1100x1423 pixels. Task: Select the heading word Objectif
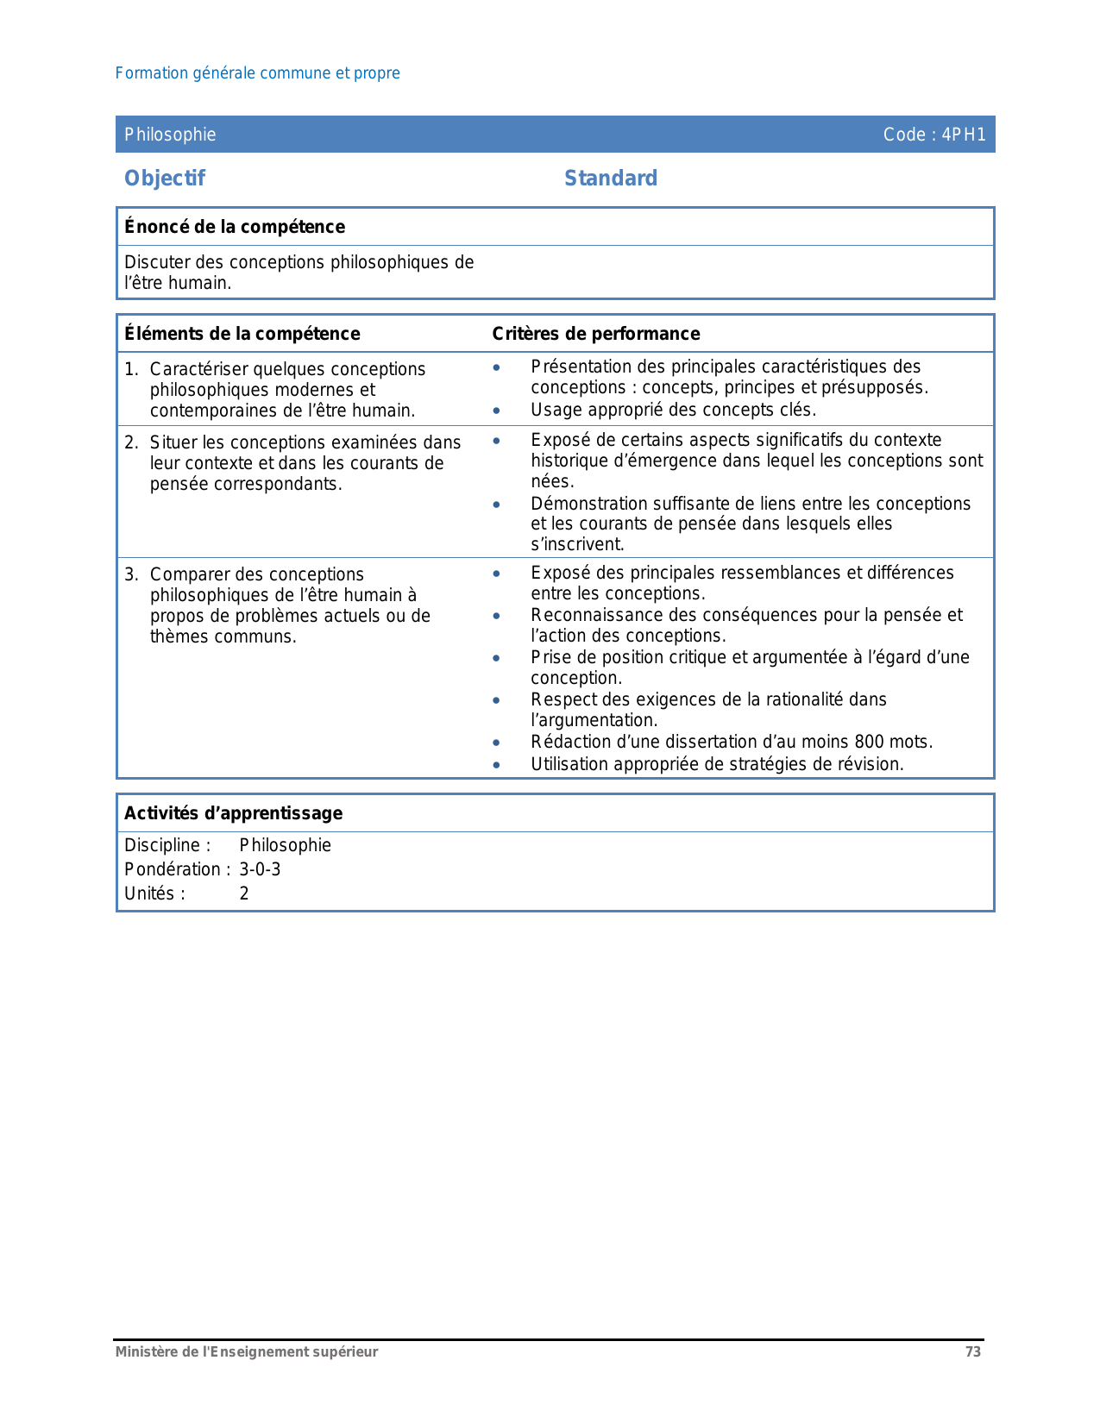pos(165,179)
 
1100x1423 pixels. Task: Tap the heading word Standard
pos(611,179)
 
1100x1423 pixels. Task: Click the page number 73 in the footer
pos(973,1352)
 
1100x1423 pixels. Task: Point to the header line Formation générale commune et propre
pos(257,73)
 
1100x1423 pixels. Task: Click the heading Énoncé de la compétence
pos(235,227)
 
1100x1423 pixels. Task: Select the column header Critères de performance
pos(596,334)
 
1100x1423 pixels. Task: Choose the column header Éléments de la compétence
pos(242,334)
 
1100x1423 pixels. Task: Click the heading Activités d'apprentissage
pos(234,813)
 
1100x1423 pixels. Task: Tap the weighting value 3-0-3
pos(260,869)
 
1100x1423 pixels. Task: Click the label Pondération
pos(173,869)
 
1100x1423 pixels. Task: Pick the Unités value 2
pos(244,893)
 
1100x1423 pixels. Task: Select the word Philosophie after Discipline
pos(286,845)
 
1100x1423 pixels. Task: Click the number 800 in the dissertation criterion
pos(869,742)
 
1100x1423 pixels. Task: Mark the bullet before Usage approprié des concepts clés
pos(496,411)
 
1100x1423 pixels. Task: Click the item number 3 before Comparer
pos(129,574)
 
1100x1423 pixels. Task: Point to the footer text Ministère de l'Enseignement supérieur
pos(247,1352)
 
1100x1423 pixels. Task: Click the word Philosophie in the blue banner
pos(170,135)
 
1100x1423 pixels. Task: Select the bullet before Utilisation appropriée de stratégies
pos(496,765)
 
